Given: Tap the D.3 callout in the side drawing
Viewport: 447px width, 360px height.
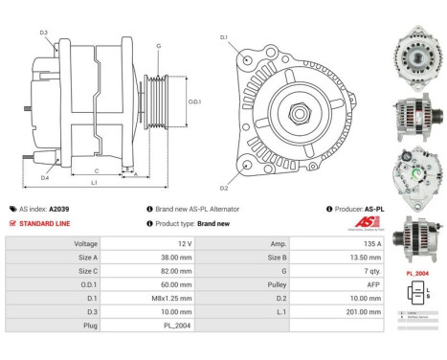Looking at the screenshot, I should [x=44, y=33].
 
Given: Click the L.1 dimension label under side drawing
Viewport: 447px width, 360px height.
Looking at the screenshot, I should [x=93, y=182].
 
